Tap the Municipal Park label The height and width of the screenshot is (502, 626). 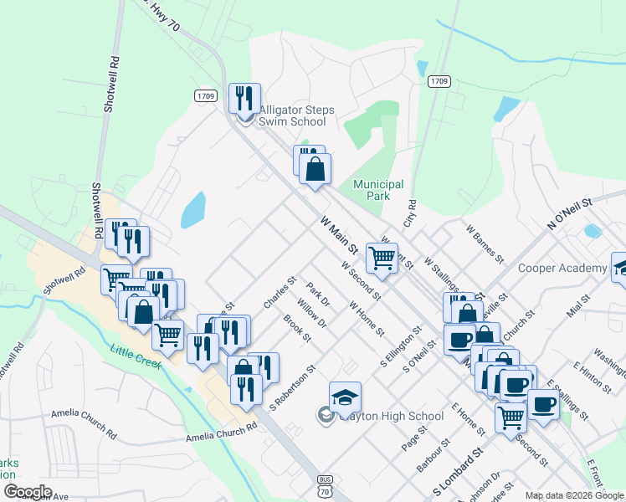pyautogui.click(x=378, y=190)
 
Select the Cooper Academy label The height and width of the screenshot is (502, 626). pyautogui.click(x=562, y=268)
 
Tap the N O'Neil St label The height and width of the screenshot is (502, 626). pyautogui.click(x=569, y=214)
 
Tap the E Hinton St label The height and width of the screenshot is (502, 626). pyautogui.click(x=591, y=377)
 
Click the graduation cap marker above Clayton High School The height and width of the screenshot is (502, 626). pyautogui.click(x=345, y=397)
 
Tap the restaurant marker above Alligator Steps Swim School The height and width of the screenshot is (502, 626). pyautogui.click(x=244, y=98)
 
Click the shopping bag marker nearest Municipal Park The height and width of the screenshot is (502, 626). pyautogui.click(x=315, y=169)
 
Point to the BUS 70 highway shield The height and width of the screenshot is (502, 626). pyautogui.click(x=325, y=486)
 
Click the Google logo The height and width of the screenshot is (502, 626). pyautogui.click(x=28, y=492)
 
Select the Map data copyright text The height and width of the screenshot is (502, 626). pyautogui.click(x=575, y=495)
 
